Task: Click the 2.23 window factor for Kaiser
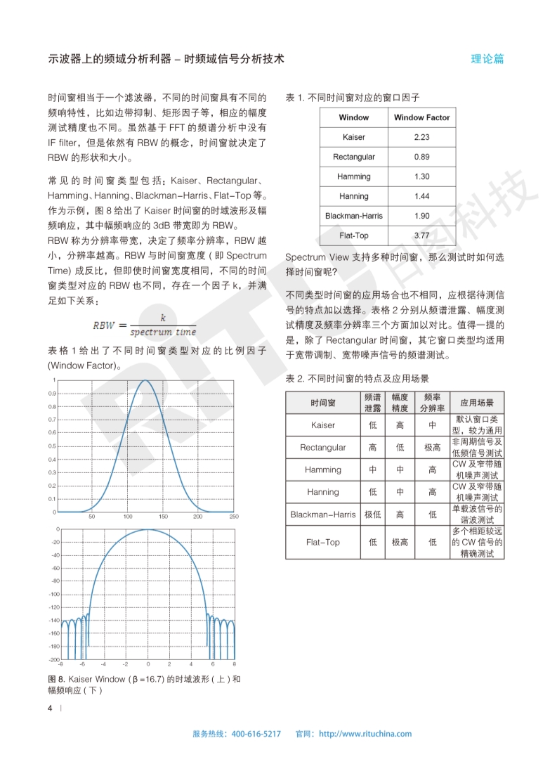[421, 137]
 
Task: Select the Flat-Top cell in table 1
[353, 235]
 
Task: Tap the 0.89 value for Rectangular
[421, 157]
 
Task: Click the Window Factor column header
[421, 117]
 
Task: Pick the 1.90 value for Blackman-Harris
[421, 216]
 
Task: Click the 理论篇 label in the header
[487, 59]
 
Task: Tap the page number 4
[50, 708]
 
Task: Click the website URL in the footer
[365, 734]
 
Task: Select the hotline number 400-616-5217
[256, 734]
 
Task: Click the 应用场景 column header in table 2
[477, 403]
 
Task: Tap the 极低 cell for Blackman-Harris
[373, 515]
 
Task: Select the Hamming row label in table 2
[323, 470]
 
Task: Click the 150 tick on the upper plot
[163, 517]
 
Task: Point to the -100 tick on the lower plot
[54, 594]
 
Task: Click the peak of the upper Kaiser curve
[145, 381]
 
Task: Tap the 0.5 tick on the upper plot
[53, 446]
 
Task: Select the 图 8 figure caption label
[56, 679]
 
